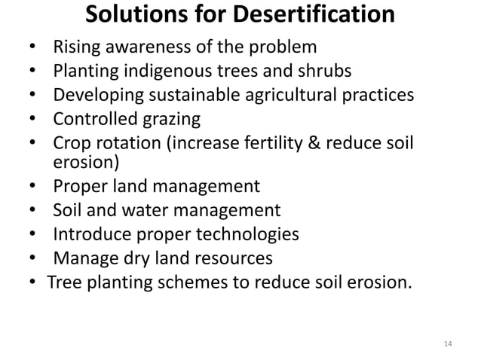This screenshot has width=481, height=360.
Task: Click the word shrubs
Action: [x=325, y=72]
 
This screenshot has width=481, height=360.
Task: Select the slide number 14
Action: [x=448, y=344]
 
